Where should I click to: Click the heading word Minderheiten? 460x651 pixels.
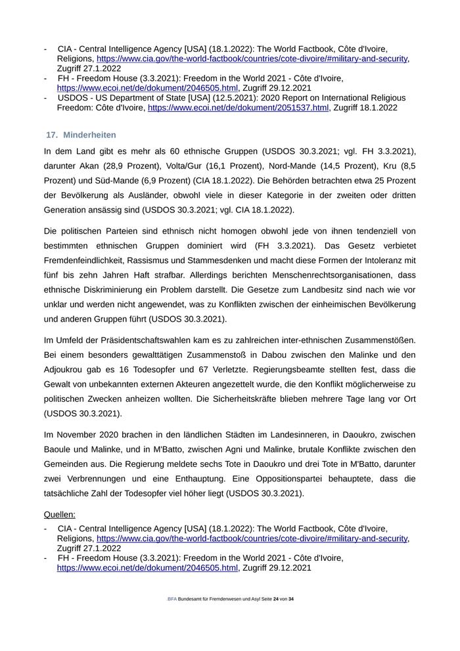coord(89,135)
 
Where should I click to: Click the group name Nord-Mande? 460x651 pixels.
coord(288,166)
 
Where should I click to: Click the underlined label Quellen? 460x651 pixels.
coord(60,514)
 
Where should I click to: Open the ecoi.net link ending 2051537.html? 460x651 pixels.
coord(238,108)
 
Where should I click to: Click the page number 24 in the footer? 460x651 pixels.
coord(276,600)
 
